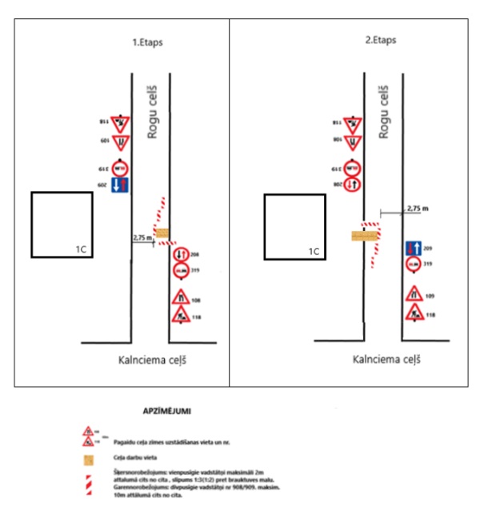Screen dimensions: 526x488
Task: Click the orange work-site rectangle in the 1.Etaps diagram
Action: tap(162, 233)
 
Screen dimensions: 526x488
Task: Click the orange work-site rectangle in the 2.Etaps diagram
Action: tap(364, 237)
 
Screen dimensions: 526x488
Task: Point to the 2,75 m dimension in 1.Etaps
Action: tap(142, 237)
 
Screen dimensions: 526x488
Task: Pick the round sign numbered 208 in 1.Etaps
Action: tap(182, 257)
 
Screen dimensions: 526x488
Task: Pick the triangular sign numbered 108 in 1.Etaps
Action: tap(182, 298)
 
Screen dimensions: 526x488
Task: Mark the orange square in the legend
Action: tap(89, 459)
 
